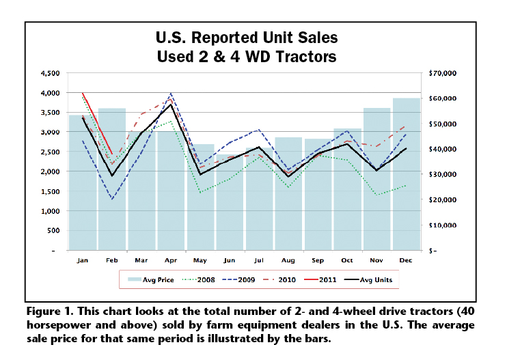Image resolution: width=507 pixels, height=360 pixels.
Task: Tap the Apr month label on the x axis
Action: (x=171, y=260)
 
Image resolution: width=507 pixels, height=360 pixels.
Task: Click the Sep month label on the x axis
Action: (x=318, y=260)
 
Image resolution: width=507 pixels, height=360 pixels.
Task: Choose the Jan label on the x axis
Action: (x=83, y=260)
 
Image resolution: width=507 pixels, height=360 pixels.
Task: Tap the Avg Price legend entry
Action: (x=154, y=279)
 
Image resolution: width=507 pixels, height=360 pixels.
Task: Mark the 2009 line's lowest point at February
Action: (x=112, y=199)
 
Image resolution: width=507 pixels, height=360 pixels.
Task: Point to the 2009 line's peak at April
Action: (x=171, y=94)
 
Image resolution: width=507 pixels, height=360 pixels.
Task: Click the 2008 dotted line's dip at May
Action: (x=200, y=193)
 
